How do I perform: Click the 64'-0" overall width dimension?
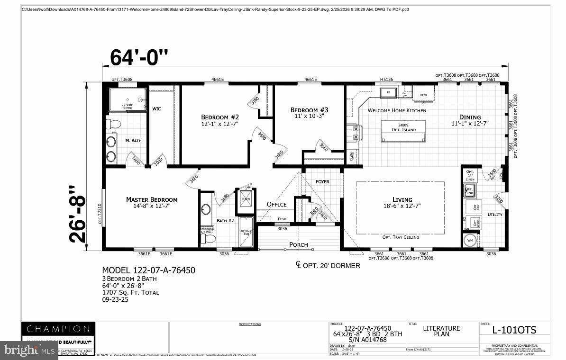click(139, 57)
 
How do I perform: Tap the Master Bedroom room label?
click(152, 202)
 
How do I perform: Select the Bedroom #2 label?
click(220, 120)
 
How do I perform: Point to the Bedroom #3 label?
click(309, 113)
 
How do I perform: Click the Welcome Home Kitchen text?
click(397, 110)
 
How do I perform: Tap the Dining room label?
click(469, 120)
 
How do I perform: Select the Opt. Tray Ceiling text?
click(401, 237)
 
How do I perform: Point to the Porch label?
click(299, 245)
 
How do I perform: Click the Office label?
click(276, 204)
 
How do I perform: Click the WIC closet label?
click(156, 109)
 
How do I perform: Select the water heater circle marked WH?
click(470, 240)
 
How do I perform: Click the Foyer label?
click(322, 181)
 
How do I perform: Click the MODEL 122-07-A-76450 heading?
click(149, 270)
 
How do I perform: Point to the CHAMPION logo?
click(58, 329)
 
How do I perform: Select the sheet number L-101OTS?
click(514, 330)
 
